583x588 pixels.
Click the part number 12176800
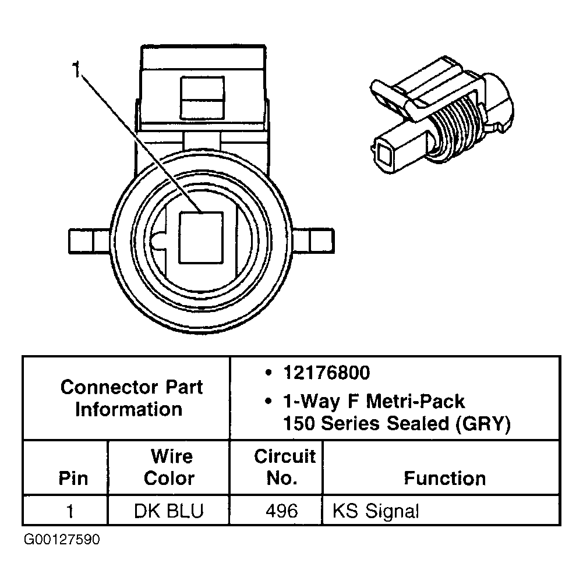pyautogui.click(x=326, y=373)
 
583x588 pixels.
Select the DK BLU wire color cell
pyautogui.click(x=169, y=511)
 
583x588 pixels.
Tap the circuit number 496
pyautogui.click(x=281, y=511)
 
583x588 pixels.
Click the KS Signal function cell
pyautogui.click(x=375, y=511)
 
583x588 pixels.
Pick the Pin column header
pyautogui.click(x=73, y=479)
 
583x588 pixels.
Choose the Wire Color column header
pyautogui.click(x=169, y=467)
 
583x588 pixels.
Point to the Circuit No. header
pyautogui.click(x=284, y=467)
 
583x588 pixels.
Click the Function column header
pyautogui.click(x=444, y=479)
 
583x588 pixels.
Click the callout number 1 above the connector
pyautogui.click(x=76, y=71)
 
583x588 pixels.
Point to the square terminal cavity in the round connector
pyautogui.click(x=200, y=236)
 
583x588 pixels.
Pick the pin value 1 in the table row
pyautogui.click(x=70, y=511)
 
